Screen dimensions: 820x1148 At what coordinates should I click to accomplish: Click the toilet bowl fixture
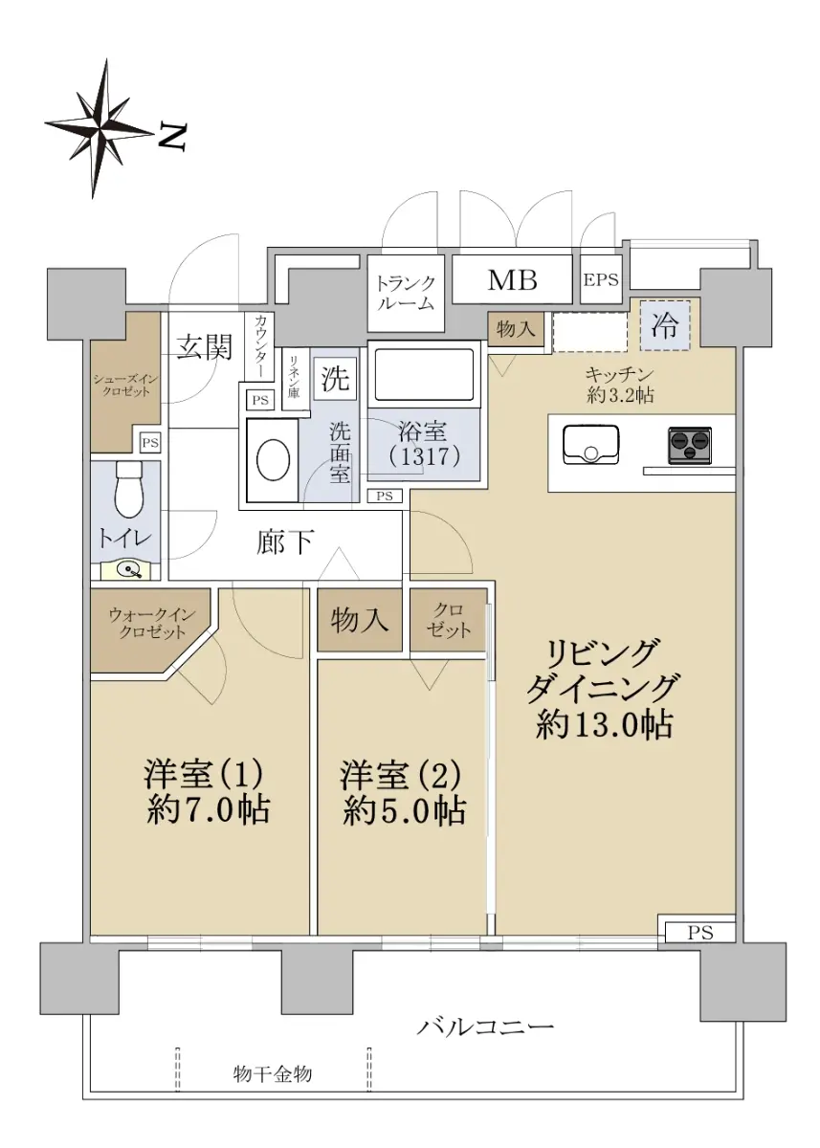tap(126, 491)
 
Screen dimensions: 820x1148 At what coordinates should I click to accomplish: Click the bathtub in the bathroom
tap(424, 375)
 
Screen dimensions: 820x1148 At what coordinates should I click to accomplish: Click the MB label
tap(512, 280)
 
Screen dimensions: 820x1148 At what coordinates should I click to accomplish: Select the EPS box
tap(601, 279)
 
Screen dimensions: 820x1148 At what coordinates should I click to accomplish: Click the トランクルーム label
tap(406, 293)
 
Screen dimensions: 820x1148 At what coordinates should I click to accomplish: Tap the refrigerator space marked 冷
tap(665, 325)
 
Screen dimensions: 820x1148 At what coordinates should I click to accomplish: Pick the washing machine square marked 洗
tap(335, 379)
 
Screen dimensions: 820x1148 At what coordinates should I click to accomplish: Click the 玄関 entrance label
tap(205, 347)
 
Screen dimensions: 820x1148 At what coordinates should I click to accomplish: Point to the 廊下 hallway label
tap(285, 542)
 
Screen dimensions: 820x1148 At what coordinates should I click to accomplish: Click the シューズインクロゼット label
tap(125, 385)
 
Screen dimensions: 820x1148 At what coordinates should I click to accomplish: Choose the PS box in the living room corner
tap(700, 932)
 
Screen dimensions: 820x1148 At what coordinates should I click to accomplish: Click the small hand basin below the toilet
tap(125, 568)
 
